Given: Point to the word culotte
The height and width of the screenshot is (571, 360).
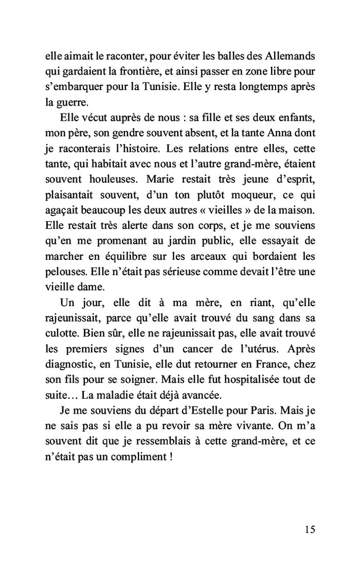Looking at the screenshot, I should (x=61, y=333).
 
